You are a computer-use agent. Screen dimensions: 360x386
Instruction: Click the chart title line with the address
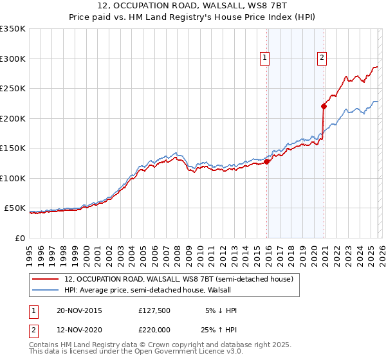click(x=193, y=6)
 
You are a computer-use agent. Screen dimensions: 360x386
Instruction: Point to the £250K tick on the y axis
click(x=13, y=89)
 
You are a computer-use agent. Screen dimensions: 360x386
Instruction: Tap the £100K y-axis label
click(x=13, y=178)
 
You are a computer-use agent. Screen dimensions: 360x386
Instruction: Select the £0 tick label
click(x=19, y=238)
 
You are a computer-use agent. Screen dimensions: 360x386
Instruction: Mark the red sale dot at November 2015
click(x=267, y=162)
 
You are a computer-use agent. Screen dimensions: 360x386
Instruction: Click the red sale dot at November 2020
click(x=324, y=107)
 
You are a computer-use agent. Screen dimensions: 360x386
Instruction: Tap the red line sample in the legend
click(x=46, y=279)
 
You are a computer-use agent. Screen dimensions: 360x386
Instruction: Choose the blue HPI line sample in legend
click(x=46, y=290)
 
